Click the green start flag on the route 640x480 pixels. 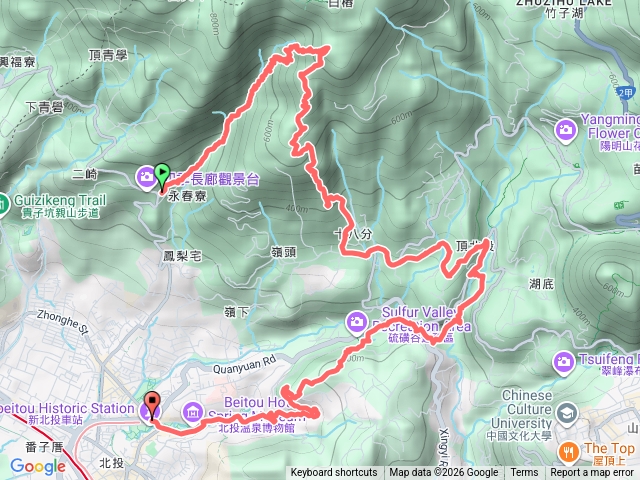click(162, 176)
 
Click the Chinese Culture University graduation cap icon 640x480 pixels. click(567, 413)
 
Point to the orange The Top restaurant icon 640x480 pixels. click(567, 451)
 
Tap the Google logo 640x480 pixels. click(37, 466)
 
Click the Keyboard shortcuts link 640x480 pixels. click(334, 473)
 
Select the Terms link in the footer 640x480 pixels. click(524, 473)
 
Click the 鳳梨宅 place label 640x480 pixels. click(182, 256)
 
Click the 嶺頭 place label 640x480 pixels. click(284, 252)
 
